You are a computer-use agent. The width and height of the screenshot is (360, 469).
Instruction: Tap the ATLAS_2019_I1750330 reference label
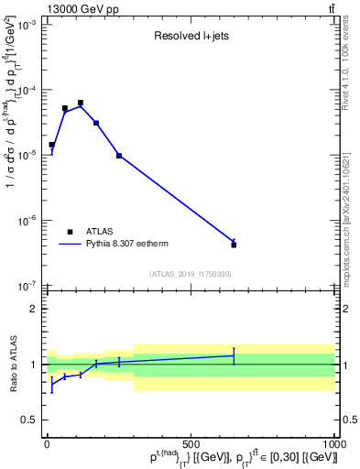[190, 274]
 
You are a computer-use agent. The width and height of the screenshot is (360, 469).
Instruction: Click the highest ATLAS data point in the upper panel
[81, 103]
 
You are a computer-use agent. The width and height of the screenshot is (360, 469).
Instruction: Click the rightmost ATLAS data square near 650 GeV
[234, 245]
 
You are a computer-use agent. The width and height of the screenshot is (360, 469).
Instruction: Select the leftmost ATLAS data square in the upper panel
[51, 145]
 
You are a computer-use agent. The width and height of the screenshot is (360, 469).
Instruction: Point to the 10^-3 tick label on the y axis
[24, 26]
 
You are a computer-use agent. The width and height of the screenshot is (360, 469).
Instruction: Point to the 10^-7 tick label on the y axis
[24, 286]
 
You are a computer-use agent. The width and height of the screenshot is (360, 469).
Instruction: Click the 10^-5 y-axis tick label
[24, 156]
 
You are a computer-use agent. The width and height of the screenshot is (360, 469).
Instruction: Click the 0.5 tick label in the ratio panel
[27, 420]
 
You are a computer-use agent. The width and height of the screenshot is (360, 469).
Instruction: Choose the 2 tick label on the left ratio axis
[33, 309]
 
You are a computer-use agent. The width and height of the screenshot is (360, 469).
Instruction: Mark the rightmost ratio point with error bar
[234, 355]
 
